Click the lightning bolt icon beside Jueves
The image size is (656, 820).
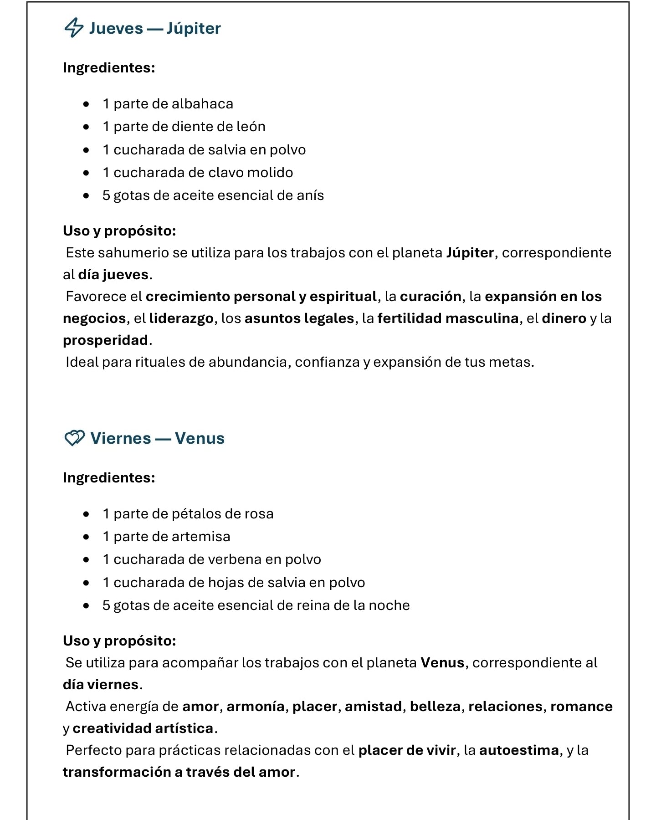pos(74,28)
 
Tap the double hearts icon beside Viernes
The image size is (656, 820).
pos(74,438)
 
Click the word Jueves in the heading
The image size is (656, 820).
pos(116,28)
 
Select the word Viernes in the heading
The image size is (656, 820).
pos(121,438)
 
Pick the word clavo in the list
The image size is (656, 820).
pos(225,173)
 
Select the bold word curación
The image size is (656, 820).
pos(430,297)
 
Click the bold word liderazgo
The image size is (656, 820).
pos(181,318)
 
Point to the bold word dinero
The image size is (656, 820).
pos(564,318)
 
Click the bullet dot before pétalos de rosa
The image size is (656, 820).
pos(87,514)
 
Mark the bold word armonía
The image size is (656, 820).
pos(256,707)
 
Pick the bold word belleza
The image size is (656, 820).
pos(436,707)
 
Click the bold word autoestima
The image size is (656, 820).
pos(519,750)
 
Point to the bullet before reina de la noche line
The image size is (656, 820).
pos(87,605)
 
